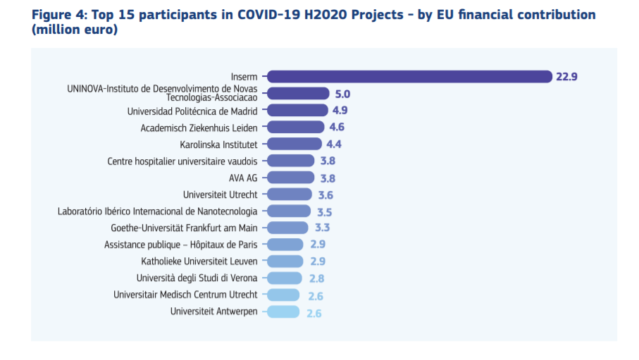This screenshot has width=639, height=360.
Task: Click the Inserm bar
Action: [x=409, y=76]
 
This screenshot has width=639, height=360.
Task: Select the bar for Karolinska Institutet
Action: [x=294, y=144]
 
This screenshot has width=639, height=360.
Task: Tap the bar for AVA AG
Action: [x=291, y=178]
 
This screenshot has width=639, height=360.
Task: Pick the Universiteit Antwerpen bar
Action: [x=283, y=311]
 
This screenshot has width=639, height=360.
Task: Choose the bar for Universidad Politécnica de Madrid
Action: [x=297, y=110]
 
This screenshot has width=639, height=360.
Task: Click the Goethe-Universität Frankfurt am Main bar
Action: [x=287, y=228]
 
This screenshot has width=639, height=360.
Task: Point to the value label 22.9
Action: [x=566, y=77]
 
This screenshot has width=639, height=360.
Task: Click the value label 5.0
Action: [x=342, y=94]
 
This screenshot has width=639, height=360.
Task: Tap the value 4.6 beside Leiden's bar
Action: [x=337, y=127]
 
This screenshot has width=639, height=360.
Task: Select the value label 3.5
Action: [x=324, y=211]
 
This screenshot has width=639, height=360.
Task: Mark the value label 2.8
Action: [x=316, y=278]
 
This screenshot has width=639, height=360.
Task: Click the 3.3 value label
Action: [x=322, y=228]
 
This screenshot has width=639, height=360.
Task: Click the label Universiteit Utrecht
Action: [x=220, y=194]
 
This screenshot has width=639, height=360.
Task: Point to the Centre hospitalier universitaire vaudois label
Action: [x=182, y=161]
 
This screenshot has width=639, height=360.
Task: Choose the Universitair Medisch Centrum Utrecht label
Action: [x=185, y=294]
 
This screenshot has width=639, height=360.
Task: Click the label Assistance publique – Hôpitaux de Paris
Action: [x=180, y=244]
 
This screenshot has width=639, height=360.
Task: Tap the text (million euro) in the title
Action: [x=75, y=30]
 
